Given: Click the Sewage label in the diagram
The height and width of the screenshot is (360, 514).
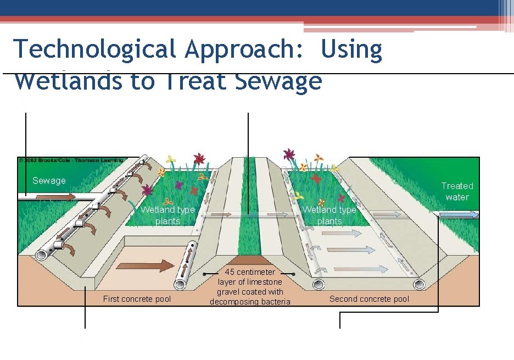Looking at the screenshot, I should click(x=49, y=180).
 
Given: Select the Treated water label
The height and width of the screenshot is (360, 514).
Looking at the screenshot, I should click(x=457, y=191).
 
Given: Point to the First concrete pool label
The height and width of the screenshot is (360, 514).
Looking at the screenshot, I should click(x=137, y=299).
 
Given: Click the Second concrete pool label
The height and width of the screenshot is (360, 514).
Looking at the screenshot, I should click(x=369, y=299).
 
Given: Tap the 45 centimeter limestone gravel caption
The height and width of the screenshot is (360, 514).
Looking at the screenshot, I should click(x=250, y=287).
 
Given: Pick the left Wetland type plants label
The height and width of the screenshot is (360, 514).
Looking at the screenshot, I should click(x=167, y=215).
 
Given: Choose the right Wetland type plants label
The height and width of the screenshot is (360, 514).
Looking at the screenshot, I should click(x=329, y=215).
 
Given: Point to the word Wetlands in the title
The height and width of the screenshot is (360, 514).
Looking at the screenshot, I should click(x=68, y=81).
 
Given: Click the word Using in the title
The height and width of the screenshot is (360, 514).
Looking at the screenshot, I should click(x=351, y=49).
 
